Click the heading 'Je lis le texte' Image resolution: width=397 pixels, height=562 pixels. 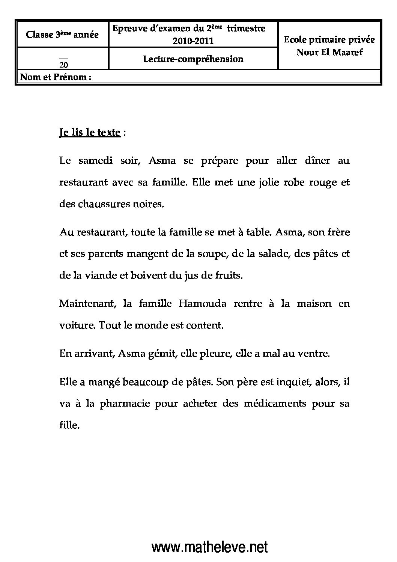point(90,133)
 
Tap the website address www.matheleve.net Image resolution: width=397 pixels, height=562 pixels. point(209,548)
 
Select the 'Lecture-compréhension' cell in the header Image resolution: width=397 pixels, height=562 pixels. point(193,59)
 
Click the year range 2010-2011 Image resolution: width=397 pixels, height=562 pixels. point(193,41)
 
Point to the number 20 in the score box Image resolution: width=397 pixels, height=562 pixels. point(64,65)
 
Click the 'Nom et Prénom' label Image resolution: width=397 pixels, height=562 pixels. point(56,77)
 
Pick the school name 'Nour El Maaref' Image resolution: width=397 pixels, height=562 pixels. point(329,53)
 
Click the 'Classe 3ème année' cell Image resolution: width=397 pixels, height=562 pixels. point(62,35)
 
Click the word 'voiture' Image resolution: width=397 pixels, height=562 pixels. point(77,325)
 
